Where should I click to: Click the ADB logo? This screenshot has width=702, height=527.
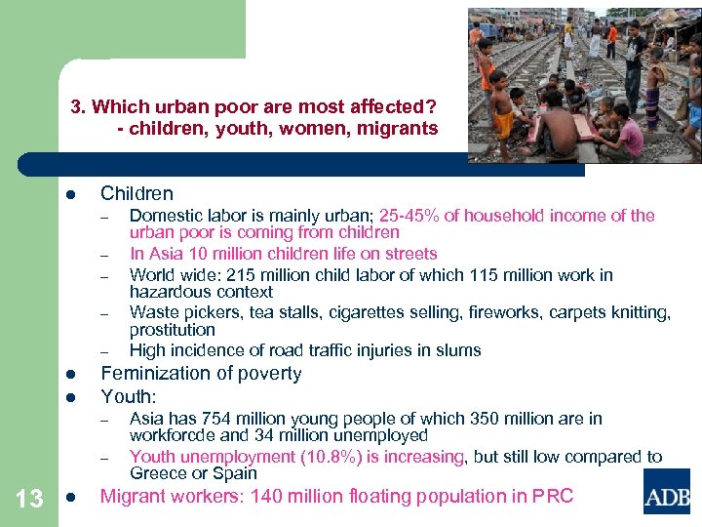[x=666, y=491]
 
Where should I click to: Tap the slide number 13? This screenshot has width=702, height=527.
[x=30, y=500]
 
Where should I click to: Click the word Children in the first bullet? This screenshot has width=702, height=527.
[x=136, y=193]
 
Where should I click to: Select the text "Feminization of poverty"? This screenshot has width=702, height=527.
[x=201, y=373]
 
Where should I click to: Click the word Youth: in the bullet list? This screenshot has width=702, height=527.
[x=129, y=396]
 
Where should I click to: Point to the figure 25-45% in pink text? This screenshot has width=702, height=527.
[x=409, y=216]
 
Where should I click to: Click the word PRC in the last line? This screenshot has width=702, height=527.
[x=553, y=496]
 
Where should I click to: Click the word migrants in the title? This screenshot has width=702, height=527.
[x=398, y=129]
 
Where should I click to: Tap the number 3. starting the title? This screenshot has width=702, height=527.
[x=78, y=105]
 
